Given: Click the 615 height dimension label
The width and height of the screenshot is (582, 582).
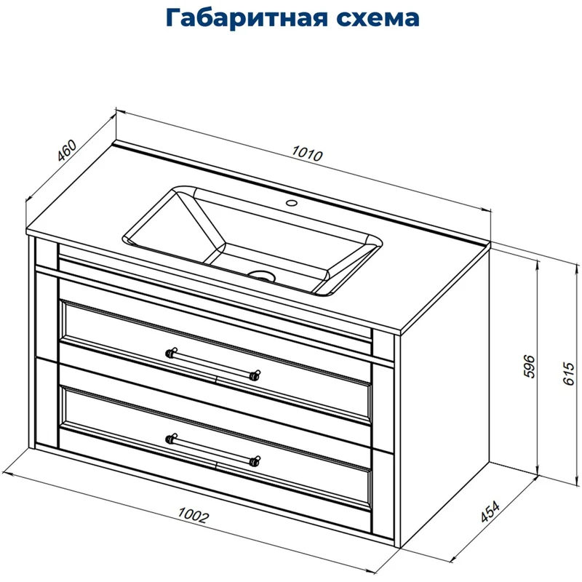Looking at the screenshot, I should click(569, 372).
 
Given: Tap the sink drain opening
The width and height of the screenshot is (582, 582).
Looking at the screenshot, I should click(262, 276).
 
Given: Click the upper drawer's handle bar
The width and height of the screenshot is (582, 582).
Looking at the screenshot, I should click(212, 364).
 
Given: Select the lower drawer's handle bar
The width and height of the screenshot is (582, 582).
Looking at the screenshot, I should click(212, 449).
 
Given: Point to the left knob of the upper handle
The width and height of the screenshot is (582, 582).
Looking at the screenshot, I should click(172, 353).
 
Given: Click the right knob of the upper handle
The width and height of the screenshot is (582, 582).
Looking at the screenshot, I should click(255, 375).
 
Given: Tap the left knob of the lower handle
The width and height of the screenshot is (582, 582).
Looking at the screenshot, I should click(172, 438).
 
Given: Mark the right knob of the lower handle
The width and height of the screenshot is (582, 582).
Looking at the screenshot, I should click(255, 461).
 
